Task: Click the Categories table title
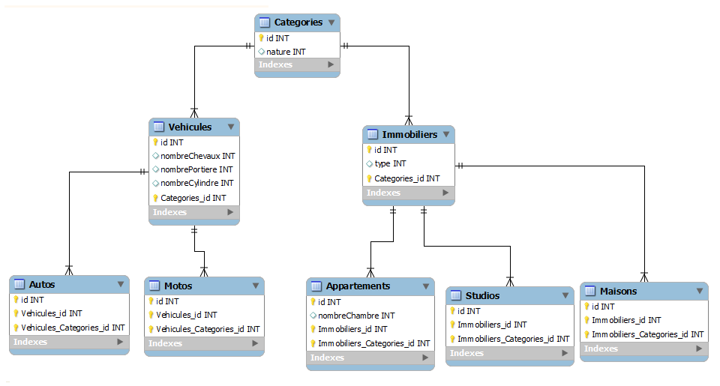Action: (298, 22)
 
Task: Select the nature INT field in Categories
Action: (286, 52)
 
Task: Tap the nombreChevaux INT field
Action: (197, 156)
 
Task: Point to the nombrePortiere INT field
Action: (196, 169)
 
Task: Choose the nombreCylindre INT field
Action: (196, 183)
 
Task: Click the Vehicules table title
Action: (190, 127)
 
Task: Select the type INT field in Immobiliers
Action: (390, 163)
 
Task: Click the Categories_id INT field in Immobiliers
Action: (406, 178)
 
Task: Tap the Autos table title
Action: (42, 285)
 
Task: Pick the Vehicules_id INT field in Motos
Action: (186, 315)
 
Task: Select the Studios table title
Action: (482, 295)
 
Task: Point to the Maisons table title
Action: (618, 291)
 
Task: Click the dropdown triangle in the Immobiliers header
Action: (446, 135)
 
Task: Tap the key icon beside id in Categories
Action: (261, 37)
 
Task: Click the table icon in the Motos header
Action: (154, 286)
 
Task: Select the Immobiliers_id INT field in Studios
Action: (492, 325)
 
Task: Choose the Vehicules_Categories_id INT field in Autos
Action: (73, 328)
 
